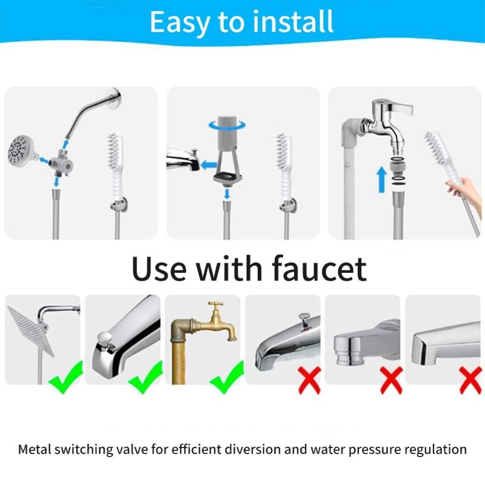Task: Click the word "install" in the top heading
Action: coord(293,22)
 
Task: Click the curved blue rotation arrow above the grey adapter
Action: coord(227,124)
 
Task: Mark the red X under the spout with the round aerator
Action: coord(390,380)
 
